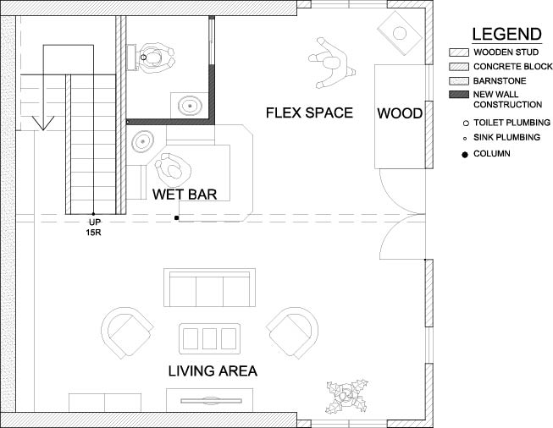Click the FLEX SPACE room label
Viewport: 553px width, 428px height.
coord(309,112)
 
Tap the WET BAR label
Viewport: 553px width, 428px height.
coord(185,195)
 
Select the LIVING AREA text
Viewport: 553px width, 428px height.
coord(213,371)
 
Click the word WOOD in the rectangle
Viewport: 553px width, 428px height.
coord(400,113)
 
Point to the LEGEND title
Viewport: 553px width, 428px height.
coord(506,34)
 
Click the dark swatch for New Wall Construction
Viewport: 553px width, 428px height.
coord(459,95)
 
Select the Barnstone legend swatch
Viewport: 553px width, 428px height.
coord(459,81)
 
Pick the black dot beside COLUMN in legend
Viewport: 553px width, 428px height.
coord(465,154)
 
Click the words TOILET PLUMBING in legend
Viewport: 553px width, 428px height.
coord(512,123)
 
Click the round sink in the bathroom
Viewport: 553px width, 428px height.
coord(190,106)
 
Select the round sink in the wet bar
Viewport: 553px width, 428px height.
coord(143,141)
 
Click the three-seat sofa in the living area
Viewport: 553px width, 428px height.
coord(209,288)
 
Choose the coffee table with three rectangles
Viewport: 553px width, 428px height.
coord(209,338)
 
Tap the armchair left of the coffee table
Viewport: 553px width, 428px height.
coord(127,332)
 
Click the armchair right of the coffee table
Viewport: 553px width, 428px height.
coord(292,332)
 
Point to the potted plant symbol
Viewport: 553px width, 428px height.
coord(347,397)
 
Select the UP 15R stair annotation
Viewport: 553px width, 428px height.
coord(94,228)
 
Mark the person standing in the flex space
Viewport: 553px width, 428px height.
coord(331,63)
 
